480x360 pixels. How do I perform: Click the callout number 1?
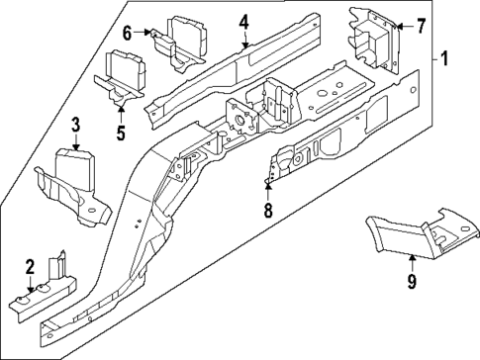click(444, 59)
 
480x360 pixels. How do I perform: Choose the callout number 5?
click(119, 131)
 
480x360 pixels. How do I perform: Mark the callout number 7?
click(421, 25)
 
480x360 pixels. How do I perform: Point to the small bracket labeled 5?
click(120, 74)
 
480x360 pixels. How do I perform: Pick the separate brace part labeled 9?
click(416, 232)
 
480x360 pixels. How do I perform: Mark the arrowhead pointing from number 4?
click(243, 45)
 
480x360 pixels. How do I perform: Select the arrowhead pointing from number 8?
click(266, 185)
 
